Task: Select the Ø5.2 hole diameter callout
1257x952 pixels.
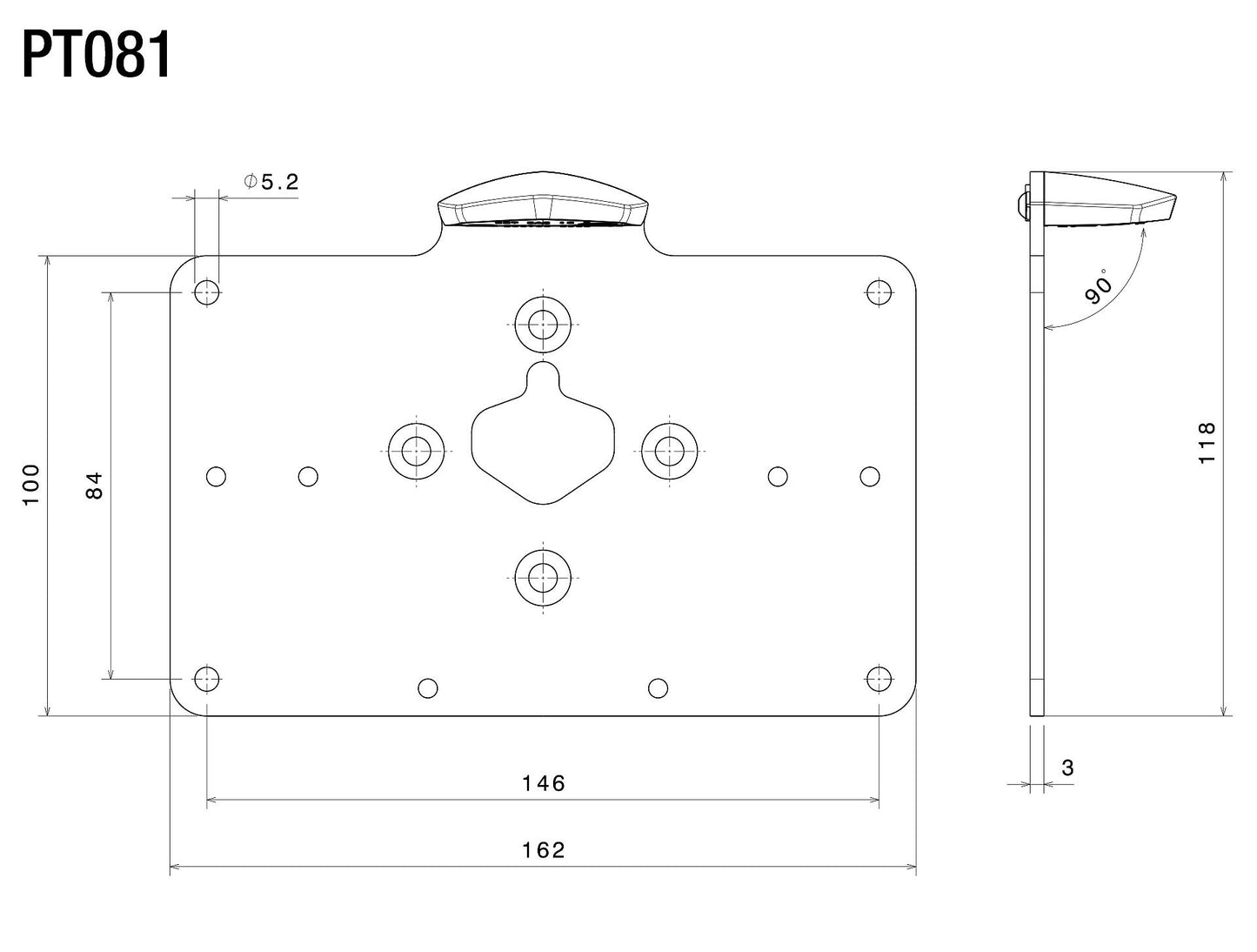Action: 271,182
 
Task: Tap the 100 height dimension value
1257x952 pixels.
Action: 31,485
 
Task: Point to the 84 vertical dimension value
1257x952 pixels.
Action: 95,485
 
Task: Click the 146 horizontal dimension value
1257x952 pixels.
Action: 544,783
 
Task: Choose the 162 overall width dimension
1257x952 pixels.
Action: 544,849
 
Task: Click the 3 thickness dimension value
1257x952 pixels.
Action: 1067,768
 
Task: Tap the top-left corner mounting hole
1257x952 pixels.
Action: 206,292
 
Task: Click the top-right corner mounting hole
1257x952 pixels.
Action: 879,292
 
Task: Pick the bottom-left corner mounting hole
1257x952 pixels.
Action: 206,678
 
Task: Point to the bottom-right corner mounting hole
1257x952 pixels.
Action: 879,678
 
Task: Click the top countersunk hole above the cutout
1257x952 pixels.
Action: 543,324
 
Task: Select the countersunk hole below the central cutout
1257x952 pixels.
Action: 543,577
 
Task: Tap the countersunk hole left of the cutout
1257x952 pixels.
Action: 417,450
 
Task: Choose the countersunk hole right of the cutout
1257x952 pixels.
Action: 669,450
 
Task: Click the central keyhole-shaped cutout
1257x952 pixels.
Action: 543,444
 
